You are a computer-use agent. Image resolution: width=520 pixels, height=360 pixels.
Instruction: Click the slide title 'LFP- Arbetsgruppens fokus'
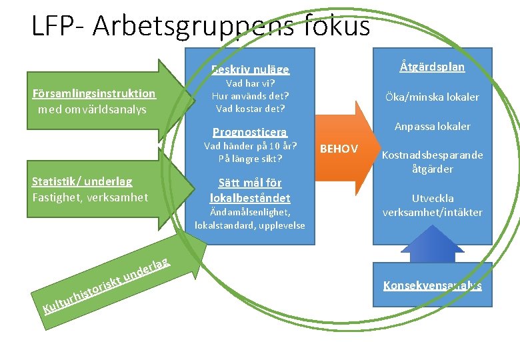200,26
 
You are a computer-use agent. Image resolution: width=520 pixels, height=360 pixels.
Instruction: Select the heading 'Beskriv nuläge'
250,69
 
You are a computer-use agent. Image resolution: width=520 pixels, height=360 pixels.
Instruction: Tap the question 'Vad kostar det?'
250,108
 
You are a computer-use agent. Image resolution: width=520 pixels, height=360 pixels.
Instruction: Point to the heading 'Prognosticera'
250,131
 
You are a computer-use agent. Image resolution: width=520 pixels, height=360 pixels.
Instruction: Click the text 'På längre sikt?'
250,159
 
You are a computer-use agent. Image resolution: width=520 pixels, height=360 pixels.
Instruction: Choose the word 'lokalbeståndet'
250,198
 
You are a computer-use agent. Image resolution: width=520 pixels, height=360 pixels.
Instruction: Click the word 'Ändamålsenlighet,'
250,212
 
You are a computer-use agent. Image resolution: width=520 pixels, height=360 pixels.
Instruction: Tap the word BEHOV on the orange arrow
339,149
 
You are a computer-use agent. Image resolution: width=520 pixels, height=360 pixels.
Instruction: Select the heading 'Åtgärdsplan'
433,67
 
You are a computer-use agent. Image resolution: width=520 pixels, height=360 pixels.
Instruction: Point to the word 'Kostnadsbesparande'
433,155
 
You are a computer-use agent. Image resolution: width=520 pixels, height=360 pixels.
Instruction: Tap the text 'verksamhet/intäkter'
433,212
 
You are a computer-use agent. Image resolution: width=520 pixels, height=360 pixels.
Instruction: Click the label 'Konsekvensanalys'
433,285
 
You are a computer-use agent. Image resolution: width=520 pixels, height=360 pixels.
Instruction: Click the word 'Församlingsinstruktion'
94,93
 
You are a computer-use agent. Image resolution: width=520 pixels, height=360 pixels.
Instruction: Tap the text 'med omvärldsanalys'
93,109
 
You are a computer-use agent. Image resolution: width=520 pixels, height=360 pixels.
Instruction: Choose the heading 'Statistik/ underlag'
82,181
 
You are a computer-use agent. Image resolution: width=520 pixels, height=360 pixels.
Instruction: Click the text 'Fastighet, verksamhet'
91,197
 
